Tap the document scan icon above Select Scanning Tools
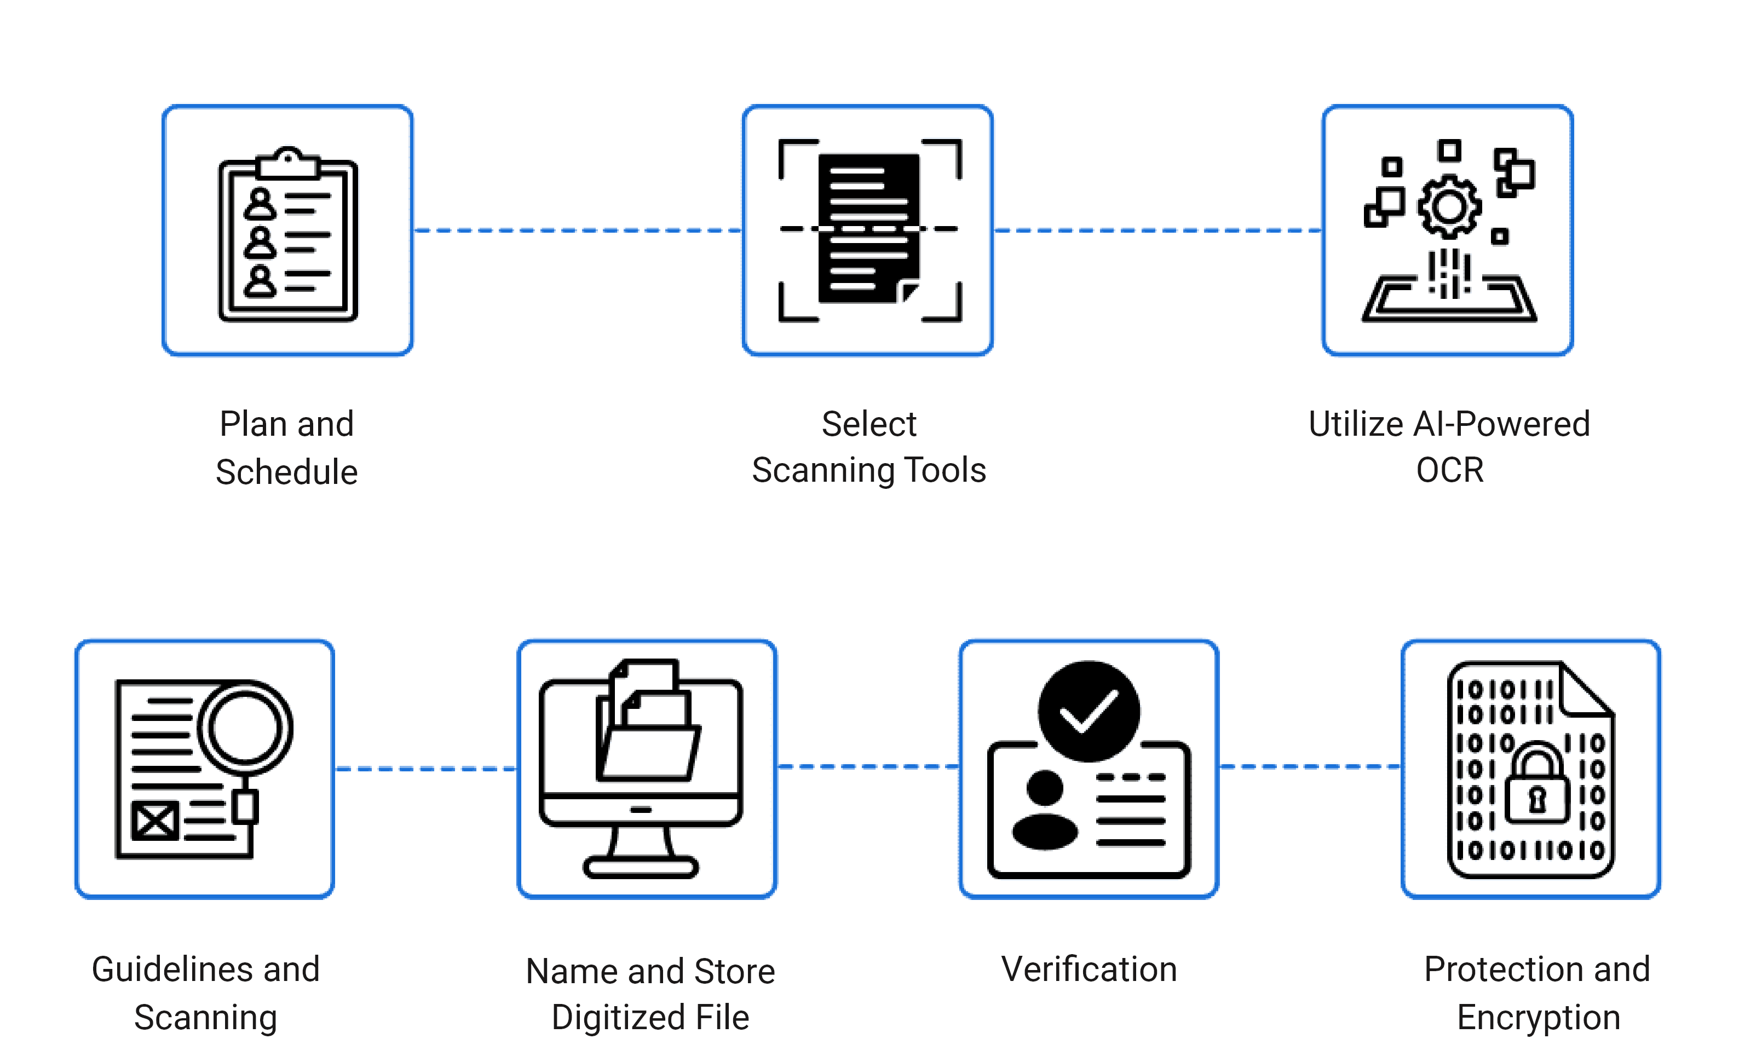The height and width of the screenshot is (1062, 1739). (869, 229)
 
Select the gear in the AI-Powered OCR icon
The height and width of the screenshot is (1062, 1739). (1449, 206)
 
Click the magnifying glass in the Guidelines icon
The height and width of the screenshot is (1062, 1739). (245, 729)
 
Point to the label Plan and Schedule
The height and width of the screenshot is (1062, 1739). (286, 447)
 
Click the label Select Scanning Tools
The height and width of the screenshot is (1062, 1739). (869, 447)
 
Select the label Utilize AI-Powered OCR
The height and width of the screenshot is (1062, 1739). (1449, 447)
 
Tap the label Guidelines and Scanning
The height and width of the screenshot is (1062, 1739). (205, 993)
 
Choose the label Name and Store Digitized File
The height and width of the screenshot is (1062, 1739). (650, 994)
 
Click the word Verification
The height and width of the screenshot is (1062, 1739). (1089, 969)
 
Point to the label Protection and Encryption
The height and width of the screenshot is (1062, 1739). (1537, 993)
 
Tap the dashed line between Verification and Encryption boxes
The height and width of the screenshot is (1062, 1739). (1309, 766)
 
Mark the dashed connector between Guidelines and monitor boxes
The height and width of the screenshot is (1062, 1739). (427, 769)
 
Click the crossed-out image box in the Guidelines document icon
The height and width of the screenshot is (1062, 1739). (154, 821)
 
